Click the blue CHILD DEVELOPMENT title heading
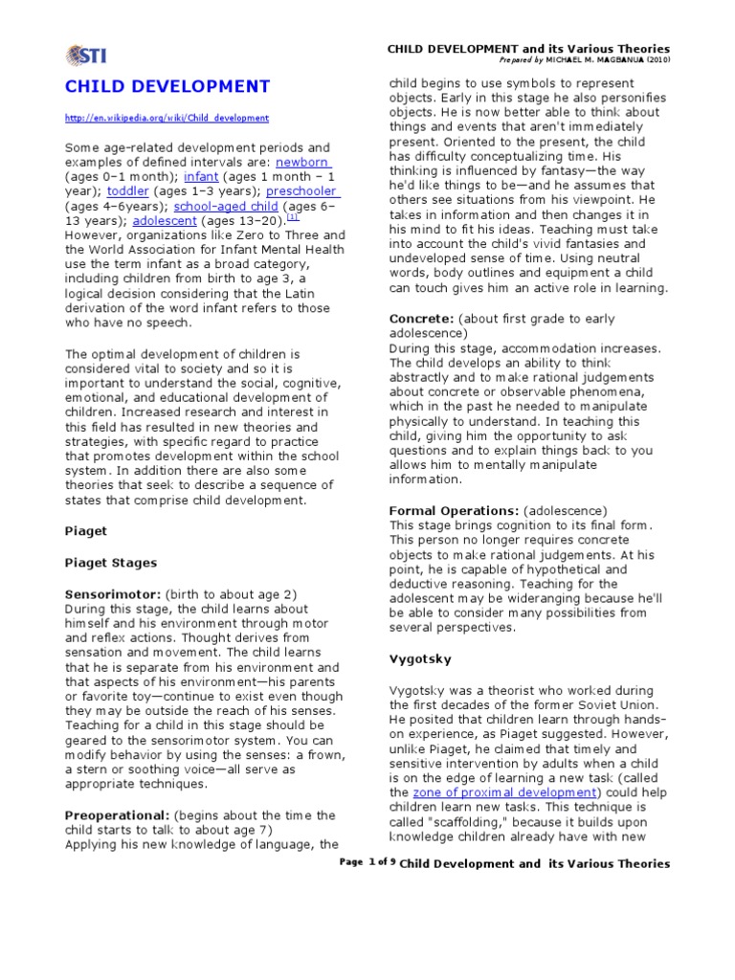[x=167, y=87]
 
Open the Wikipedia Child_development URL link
[x=167, y=118]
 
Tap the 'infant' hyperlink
[x=202, y=178]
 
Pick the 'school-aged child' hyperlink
[x=227, y=206]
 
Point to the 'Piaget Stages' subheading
[x=110, y=562]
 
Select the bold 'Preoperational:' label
[x=116, y=815]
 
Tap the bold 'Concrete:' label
[x=422, y=319]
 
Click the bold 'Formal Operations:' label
[x=455, y=510]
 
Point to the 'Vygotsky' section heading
[x=421, y=659]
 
